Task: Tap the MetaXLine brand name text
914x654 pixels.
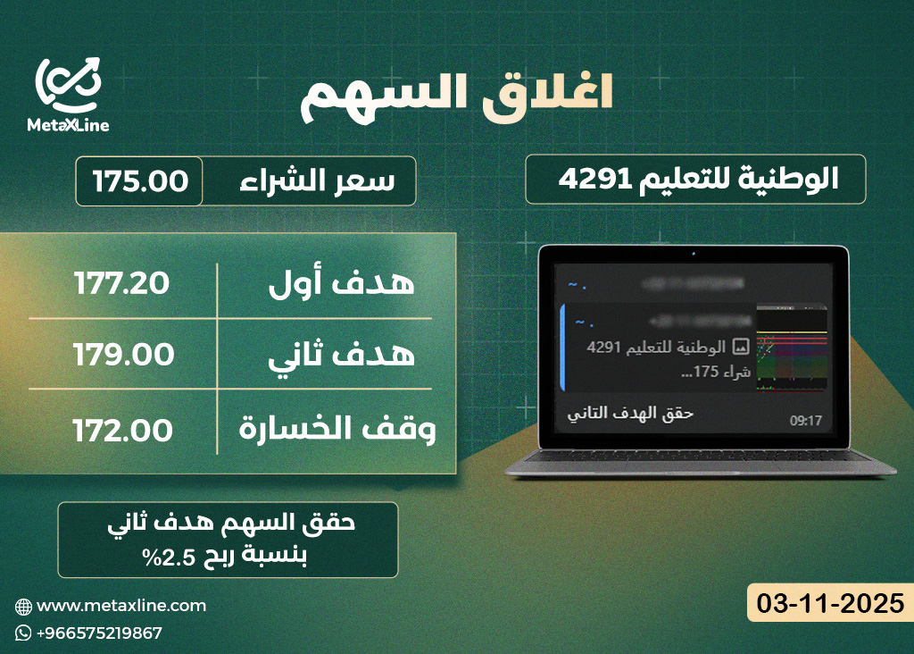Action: click(69, 125)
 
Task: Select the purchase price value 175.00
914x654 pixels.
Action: click(140, 181)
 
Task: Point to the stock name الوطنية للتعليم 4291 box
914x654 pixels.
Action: click(696, 179)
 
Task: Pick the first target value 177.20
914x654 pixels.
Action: click(121, 284)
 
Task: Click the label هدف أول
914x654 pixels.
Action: click(343, 284)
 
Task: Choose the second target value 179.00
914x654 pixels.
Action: click(123, 355)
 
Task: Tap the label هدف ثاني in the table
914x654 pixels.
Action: click(343, 355)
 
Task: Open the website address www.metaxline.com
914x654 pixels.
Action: click(121, 606)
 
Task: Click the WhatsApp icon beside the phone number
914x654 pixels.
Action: click(23, 633)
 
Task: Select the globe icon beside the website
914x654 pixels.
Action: click(23, 606)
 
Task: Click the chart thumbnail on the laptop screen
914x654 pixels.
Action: click(791, 349)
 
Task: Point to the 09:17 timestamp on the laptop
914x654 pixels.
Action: click(805, 420)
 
